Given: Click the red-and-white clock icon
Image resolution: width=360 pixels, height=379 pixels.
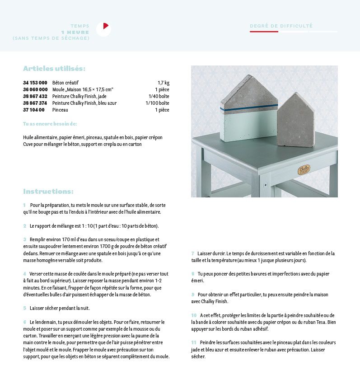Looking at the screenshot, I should click(x=103, y=29).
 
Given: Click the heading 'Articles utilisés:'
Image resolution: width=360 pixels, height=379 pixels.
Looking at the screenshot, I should click(x=54, y=69).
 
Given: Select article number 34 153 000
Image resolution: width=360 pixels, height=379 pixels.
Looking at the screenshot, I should click(x=35, y=83).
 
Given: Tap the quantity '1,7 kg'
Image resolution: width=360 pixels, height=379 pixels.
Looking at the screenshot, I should click(x=163, y=83).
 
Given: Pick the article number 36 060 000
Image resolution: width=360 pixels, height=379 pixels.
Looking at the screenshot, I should click(x=35, y=89).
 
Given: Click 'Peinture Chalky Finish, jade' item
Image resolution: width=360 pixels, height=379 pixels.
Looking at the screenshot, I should click(x=79, y=96).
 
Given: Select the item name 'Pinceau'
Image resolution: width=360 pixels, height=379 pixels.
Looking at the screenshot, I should click(x=60, y=110).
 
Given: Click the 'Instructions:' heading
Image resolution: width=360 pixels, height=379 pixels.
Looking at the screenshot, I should click(x=48, y=192).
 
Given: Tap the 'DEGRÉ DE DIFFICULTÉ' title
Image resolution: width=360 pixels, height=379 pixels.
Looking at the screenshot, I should click(x=281, y=26).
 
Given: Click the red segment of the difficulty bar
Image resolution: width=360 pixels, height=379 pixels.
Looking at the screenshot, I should click(x=264, y=32).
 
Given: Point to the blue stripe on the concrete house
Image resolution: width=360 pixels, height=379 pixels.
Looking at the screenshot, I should click(x=249, y=108).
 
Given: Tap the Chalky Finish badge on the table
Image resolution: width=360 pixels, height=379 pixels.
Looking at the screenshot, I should click(x=304, y=170).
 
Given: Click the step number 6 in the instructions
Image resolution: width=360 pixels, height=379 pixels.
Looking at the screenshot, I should click(x=25, y=322).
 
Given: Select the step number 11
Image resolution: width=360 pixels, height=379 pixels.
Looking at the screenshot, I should click(x=194, y=343).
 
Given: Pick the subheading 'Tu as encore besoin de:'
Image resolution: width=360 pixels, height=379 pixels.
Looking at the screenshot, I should click(x=50, y=124).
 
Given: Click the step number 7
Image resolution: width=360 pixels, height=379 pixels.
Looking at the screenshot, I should click(x=193, y=253).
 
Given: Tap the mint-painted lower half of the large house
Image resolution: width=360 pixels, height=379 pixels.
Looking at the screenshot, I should click(x=249, y=124).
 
